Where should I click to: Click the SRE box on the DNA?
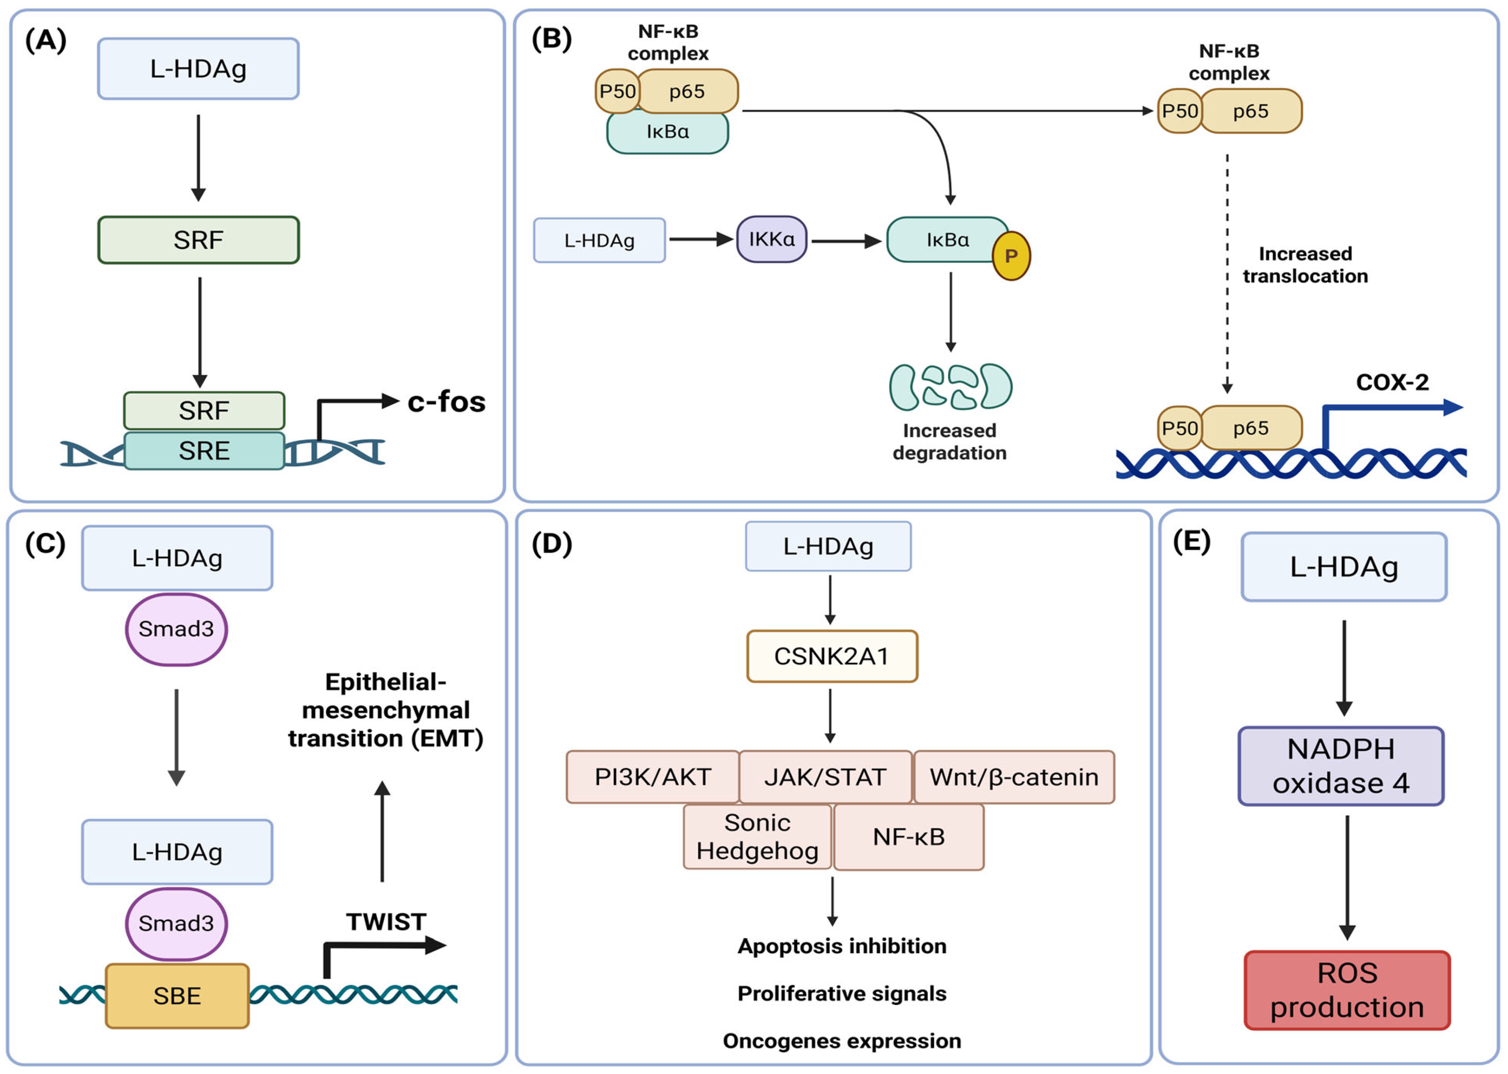tap(204, 451)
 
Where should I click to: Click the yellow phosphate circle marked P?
tap(1011, 256)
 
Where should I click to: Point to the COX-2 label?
tap(1392, 382)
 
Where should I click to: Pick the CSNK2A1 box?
tap(832, 656)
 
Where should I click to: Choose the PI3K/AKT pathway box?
tap(652, 777)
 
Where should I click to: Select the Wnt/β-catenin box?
tap(1014, 777)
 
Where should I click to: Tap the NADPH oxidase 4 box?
tap(1341, 766)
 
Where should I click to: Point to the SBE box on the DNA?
tap(177, 995)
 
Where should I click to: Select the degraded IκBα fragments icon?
tap(950, 387)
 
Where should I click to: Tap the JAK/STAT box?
tap(825, 777)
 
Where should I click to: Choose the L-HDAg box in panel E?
tap(1344, 567)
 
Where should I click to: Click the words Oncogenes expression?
tap(842, 1041)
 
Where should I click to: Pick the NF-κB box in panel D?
tap(909, 837)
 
